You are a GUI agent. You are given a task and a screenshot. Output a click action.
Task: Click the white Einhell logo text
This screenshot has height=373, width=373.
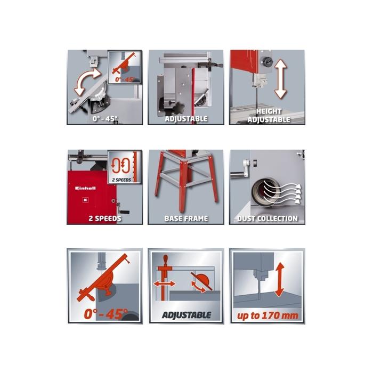click(85, 188)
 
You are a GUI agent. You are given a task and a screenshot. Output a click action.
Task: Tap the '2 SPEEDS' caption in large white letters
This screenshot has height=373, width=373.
click(105, 218)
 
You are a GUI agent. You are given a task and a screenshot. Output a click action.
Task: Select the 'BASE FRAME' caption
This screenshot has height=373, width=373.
click(186, 218)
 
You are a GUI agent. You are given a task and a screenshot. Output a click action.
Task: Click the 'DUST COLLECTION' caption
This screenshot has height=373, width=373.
click(267, 218)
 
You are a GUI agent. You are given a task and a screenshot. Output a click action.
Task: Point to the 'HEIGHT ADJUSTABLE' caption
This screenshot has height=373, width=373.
click(269, 116)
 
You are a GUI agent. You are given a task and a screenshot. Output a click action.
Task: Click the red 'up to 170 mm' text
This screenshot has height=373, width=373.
click(267, 315)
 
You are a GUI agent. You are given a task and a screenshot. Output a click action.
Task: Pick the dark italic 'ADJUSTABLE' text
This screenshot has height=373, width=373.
click(186, 315)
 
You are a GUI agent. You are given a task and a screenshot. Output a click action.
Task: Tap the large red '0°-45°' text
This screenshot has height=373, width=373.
click(106, 314)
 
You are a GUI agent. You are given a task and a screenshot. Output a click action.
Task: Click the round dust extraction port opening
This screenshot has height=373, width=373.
click(264, 191)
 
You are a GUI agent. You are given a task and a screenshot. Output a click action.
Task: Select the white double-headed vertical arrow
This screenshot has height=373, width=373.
click(281, 79)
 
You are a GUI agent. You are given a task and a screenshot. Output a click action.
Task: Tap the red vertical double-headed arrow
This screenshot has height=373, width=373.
click(280, 280)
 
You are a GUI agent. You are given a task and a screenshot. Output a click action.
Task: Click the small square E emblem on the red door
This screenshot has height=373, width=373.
click(85, 200)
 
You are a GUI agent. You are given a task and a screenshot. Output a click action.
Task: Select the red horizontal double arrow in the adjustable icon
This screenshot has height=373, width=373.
click(164, 283)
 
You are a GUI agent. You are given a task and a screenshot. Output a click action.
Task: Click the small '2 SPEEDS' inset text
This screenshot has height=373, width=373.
click(121, 180)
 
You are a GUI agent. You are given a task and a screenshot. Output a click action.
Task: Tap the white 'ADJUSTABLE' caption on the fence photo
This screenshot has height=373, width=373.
click(186, 119)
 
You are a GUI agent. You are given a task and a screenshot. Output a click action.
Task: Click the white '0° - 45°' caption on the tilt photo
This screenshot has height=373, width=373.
click(105, 118)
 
